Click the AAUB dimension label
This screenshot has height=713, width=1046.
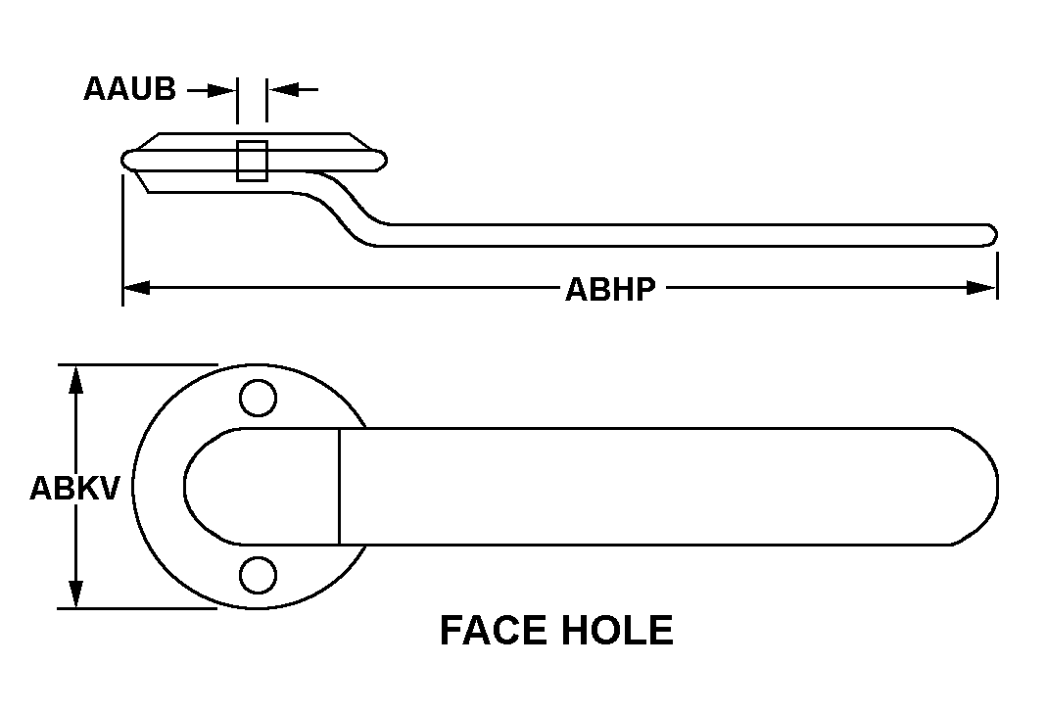(x=129, y=89)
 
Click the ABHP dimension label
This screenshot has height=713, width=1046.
(x=610, y=290)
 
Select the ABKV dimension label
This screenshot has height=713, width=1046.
(x=74, y=488)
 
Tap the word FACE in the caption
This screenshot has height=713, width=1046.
(x=493, y=631)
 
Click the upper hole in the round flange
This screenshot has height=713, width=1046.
(x=258, y=399)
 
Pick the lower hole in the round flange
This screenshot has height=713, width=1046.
(x=258, y=575)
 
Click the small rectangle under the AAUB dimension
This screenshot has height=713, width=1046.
(x=252, y=161)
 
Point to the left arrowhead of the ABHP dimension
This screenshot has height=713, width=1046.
(x=136, y=288)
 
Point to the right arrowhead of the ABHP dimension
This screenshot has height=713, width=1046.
(x=982, y=288)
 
